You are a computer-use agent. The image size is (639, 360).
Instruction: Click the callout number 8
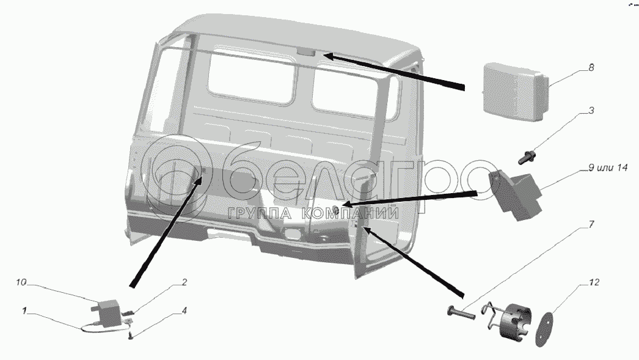point(591,68)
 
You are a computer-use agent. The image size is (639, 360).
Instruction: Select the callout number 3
point(591,111)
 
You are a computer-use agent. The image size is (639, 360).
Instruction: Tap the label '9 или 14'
point(608,167)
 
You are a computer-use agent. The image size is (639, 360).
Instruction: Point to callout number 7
point(591,224)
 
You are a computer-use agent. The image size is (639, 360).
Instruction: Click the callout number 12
point(594,282)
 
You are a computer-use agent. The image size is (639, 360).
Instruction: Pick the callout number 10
point(21,282)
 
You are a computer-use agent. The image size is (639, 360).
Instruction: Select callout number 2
point(184,282)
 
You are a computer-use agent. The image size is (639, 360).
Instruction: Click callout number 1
point(24,311)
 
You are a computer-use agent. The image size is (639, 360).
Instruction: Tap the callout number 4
point(184,311)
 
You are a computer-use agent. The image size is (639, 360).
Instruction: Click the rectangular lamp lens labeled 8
point(515,92)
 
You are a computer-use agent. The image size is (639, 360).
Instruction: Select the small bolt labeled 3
point(528,157)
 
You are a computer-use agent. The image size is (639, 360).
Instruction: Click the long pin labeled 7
point(461,313)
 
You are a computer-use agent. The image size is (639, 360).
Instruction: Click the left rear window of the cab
point(252,78)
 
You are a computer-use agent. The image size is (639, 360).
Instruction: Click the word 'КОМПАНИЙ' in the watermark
point(351,213)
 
